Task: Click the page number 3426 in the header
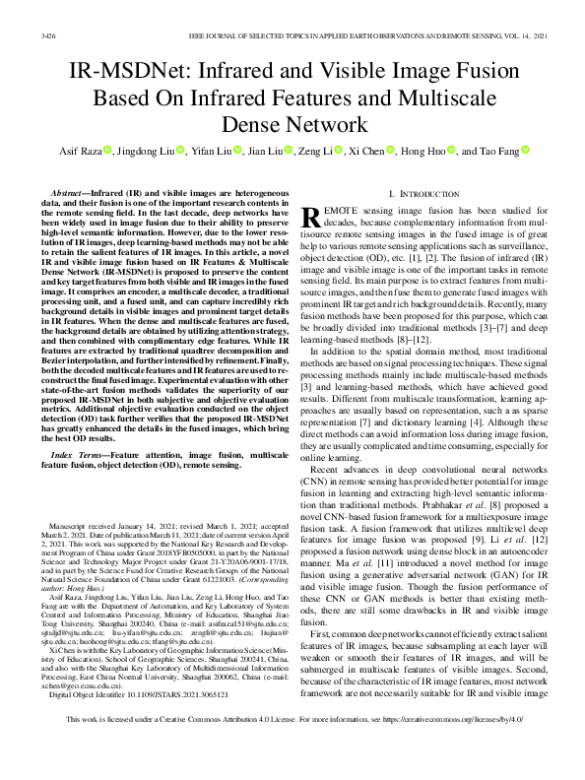(x=48, y=34)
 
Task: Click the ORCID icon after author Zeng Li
(x=338, y=152)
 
